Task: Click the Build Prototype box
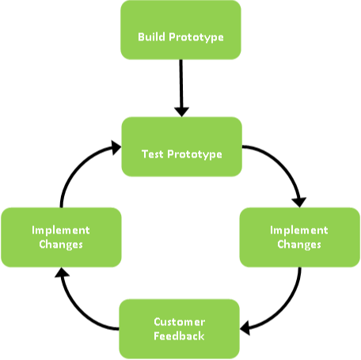coord(180,29)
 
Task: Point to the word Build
coord(151,37)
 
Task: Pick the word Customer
coord(180,321)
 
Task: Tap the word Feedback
coord(180,335)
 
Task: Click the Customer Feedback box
coord(180,328)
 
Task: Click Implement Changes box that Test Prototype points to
coord(299,237)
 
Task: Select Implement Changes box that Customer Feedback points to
coord(61,237)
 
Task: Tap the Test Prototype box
coord(180,147)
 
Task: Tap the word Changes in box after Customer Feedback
coord(61,244)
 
